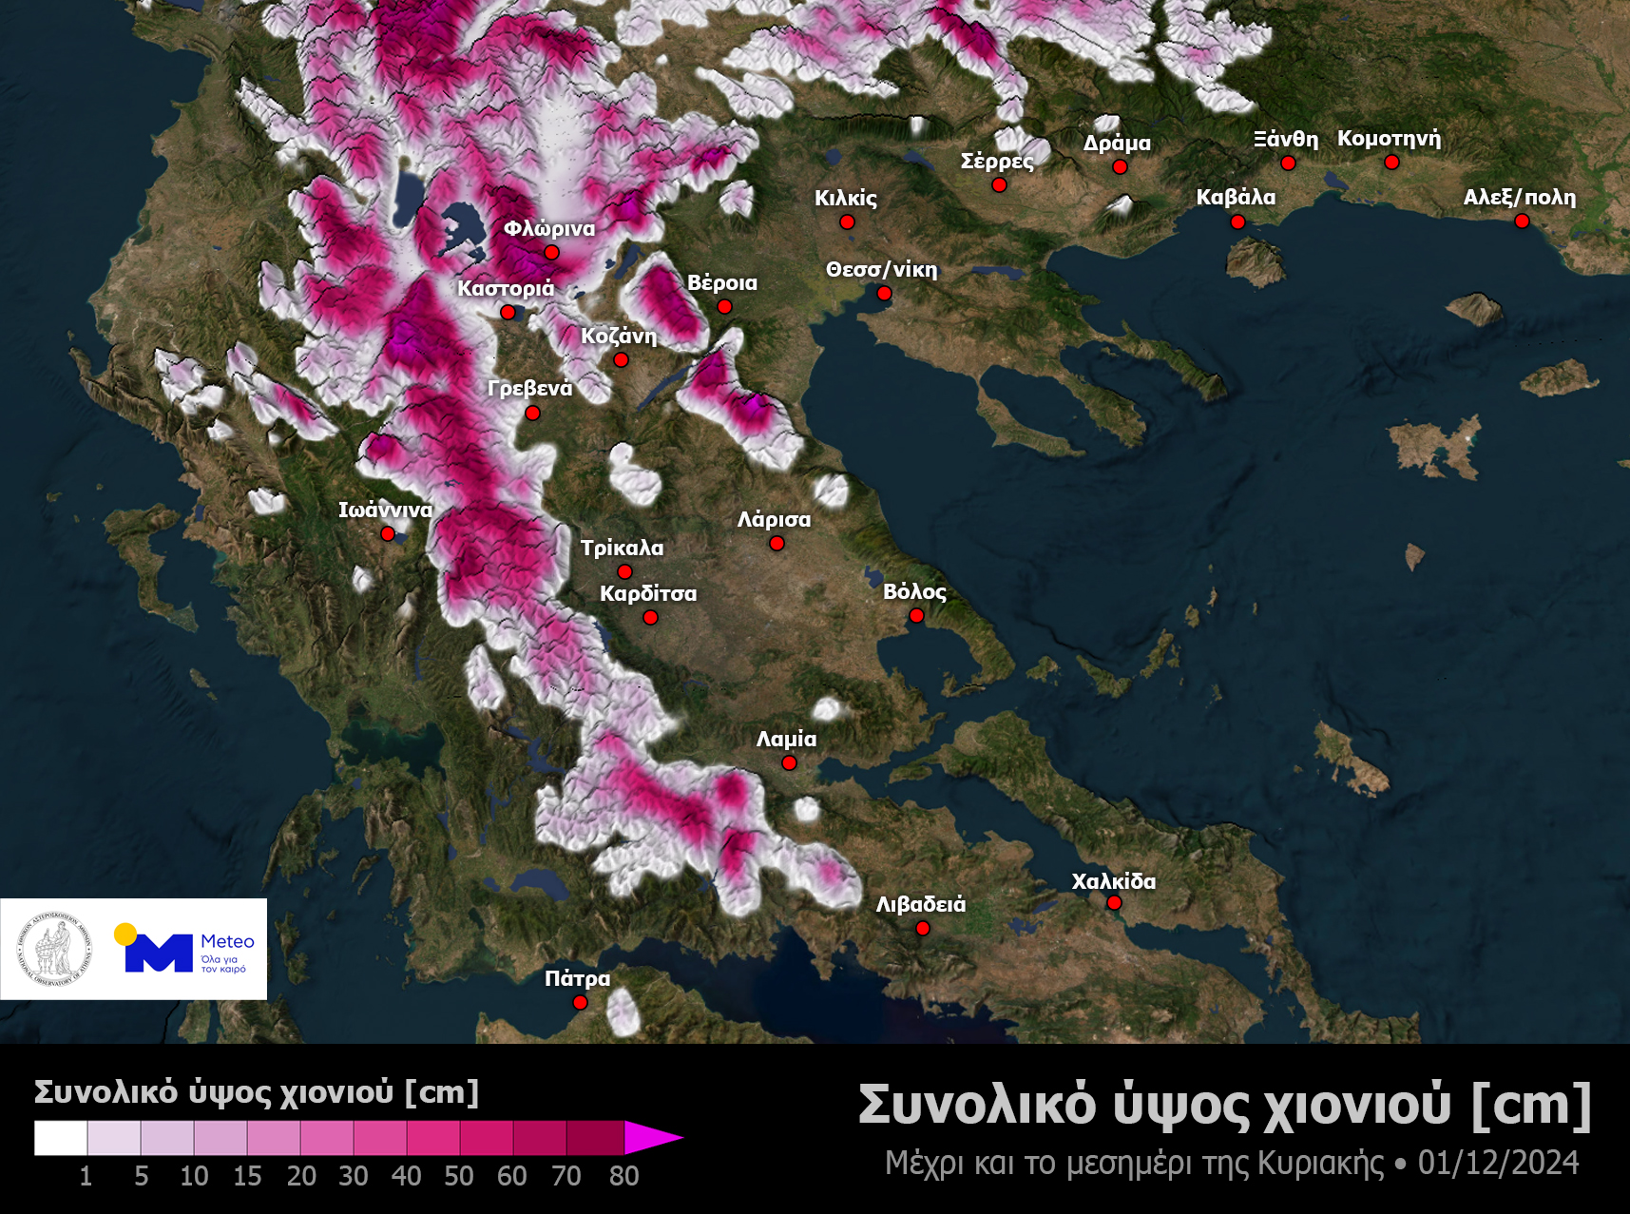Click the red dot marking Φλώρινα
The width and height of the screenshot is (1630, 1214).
(x=551, y=252)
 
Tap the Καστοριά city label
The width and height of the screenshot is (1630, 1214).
(x=505, y=288)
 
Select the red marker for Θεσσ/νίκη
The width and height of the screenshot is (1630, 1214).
(x=884, y=293)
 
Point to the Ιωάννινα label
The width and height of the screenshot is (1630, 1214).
(x=385, y=510)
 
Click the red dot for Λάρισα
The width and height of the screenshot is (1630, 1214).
(x=777, y=543)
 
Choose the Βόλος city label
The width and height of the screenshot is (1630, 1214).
(x=914, y=591)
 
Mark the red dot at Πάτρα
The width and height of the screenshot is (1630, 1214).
(x=580, y=1002)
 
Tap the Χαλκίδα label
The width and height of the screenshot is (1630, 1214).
(x=1114, y=881)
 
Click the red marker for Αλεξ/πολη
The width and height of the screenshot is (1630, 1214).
(x=1522, y=221)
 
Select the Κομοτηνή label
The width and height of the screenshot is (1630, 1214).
(x=1389, y=139)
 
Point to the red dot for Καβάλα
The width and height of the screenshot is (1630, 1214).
(x=1237, y=222)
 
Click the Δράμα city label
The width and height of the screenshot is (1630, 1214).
(x=1117, y=143)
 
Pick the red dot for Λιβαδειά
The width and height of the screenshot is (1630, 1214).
(x=922, y=928)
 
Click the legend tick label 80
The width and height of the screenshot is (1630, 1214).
(x=623, y=1176)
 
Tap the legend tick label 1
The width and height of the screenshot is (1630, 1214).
(x=86, y=1176)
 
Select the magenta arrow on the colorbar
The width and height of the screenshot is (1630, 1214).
(x=652, y=1137)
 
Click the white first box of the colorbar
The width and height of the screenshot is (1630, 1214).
(x=61, y=1137)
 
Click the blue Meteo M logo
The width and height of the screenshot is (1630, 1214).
(x=157, y=952)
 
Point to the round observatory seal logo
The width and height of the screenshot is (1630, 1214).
(x=54, y=950)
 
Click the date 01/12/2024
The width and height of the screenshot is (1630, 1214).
(x=1498, y=1163)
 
